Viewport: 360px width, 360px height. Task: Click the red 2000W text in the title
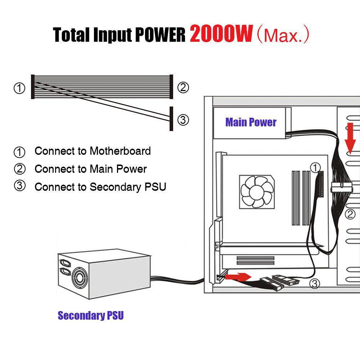[x=221, y=34]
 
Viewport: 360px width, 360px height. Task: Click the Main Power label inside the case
[x=251, y=122]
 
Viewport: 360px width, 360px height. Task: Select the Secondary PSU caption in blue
[x=91, y=316]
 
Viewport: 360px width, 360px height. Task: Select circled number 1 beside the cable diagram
[x=19, y=88]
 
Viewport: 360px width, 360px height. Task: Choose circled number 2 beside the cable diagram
[x=183, y=87]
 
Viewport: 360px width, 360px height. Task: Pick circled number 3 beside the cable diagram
[x=183, y=120]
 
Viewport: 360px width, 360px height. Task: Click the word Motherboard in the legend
[x=120, y=151]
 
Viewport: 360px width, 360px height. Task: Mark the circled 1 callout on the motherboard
[x=315, y=167]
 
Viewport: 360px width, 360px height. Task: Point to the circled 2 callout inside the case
[x=350, y=215]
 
